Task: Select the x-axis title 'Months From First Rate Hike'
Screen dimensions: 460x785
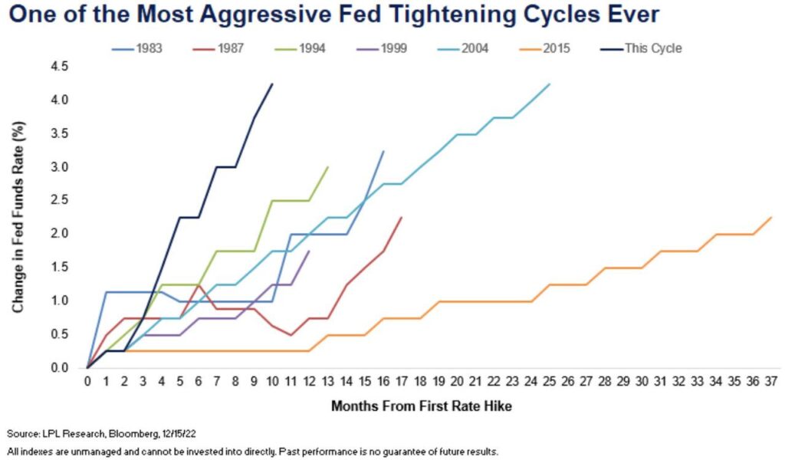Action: [x=421, y=406]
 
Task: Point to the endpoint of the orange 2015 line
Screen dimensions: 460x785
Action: [x=770, y=217]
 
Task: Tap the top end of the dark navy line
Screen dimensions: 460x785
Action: [x=272, y=84]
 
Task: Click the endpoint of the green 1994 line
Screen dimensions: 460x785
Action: [x=328, y=166]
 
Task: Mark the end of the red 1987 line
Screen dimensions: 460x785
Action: [x=402, y=217]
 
